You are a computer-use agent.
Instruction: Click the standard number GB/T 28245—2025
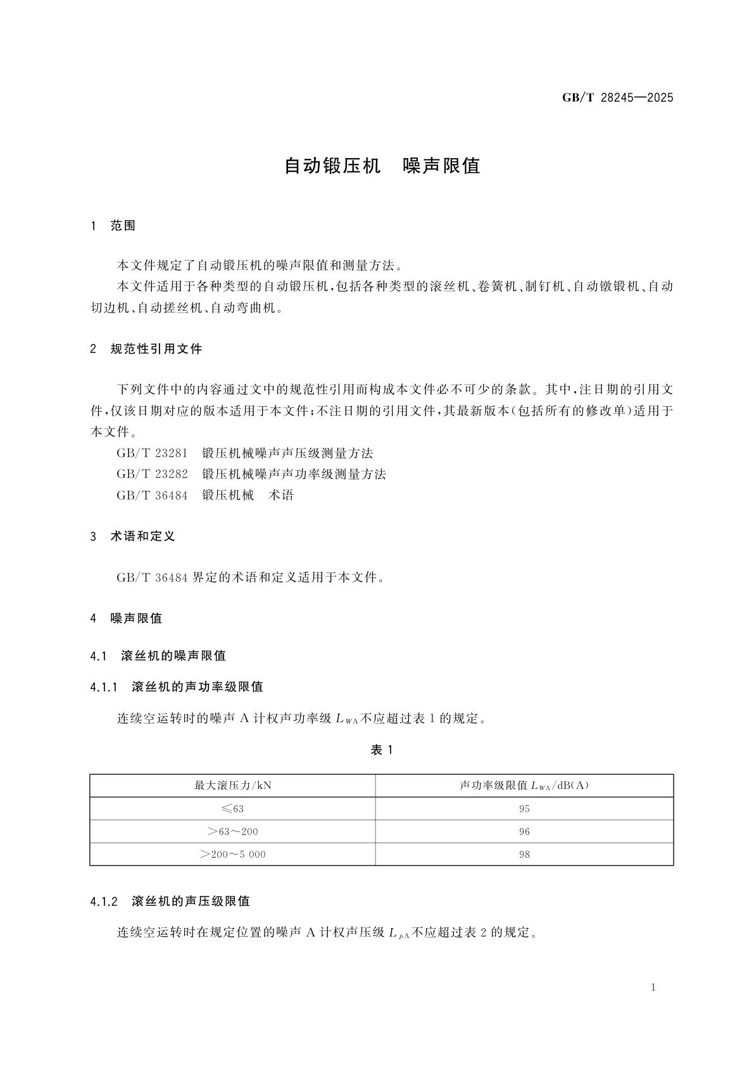tap(617, 97)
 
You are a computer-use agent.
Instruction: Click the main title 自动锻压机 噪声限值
tap(382, 166)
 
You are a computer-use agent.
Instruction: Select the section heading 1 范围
tap(113, 226)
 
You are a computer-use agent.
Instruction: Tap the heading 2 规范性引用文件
tap(146, 349)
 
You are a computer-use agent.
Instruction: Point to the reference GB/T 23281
tap(152, 453)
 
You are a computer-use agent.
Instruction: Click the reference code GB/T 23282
tap(152, 474)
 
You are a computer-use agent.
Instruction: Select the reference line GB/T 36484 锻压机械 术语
tap(205, 495)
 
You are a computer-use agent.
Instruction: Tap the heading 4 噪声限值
tap(126, 618)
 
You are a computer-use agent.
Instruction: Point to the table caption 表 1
tap(382, 750)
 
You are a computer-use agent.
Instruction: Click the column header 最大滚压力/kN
tap(232, 786)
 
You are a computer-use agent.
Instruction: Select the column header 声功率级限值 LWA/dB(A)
tap(524, 786)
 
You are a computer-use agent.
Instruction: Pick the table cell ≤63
tap(232, 809)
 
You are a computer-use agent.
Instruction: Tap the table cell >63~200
tap(232, 831)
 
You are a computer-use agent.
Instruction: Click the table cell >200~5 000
tap(232, 854)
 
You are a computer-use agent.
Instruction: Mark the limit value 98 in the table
tap(524, 854)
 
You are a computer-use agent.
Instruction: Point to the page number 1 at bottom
tap(653, 988)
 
